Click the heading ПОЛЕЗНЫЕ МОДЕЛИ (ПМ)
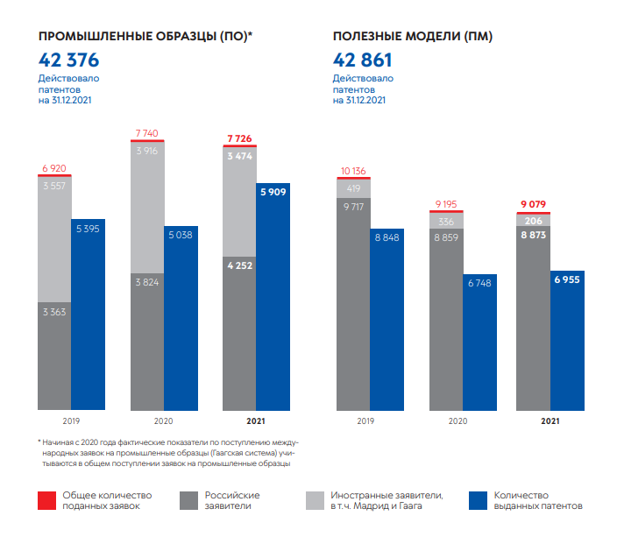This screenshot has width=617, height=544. click(413, 37)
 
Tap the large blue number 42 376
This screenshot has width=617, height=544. click(68, 60)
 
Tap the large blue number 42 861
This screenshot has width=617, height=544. click(363, 60)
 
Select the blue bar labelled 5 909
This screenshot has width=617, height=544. click(273, 298)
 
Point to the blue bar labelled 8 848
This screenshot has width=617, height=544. click(387, 320)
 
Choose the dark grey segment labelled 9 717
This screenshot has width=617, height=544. click(354, 302)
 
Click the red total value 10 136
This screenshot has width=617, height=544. click(353, 169)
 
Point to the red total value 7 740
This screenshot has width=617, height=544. click(146, 133)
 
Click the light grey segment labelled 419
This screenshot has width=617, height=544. click(354, 187)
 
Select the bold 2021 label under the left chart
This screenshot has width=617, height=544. click(256, 421)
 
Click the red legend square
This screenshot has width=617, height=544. click(46, 500)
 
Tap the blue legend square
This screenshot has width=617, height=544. click(479, 500)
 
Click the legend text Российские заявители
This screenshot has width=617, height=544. click(232, 500)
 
